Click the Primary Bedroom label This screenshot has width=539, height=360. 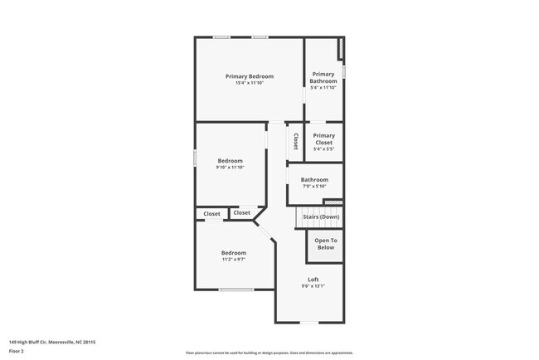point(249,76)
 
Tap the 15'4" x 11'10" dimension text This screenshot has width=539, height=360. point(249,83)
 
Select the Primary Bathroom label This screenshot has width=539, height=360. point(323,77)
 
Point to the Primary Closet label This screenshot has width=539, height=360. point(323,139)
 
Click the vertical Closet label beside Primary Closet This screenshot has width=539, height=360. point(294,142)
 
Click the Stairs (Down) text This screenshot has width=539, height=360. point(319,217)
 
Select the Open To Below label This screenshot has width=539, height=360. point(325,244)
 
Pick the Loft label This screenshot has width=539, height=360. point(313,280)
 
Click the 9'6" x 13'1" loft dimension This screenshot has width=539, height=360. point(313,286)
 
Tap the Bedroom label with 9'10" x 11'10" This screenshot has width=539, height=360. point(230,161)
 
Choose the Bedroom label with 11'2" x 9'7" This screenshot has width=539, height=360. point(233,253)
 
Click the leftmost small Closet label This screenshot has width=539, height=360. point(212,214)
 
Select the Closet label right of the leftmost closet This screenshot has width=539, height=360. point(241,213)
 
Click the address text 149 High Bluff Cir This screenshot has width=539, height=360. point(52,341)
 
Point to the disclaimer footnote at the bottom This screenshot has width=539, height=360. point(269,353)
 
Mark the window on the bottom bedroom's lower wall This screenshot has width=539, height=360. point(236,289)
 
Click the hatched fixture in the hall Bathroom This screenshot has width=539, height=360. point(333,202)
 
